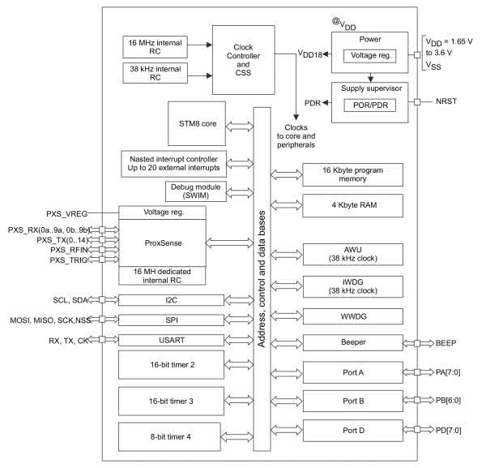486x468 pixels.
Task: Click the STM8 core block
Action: tap(194, 124)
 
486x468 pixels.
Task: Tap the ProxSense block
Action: tap(162, 242)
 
